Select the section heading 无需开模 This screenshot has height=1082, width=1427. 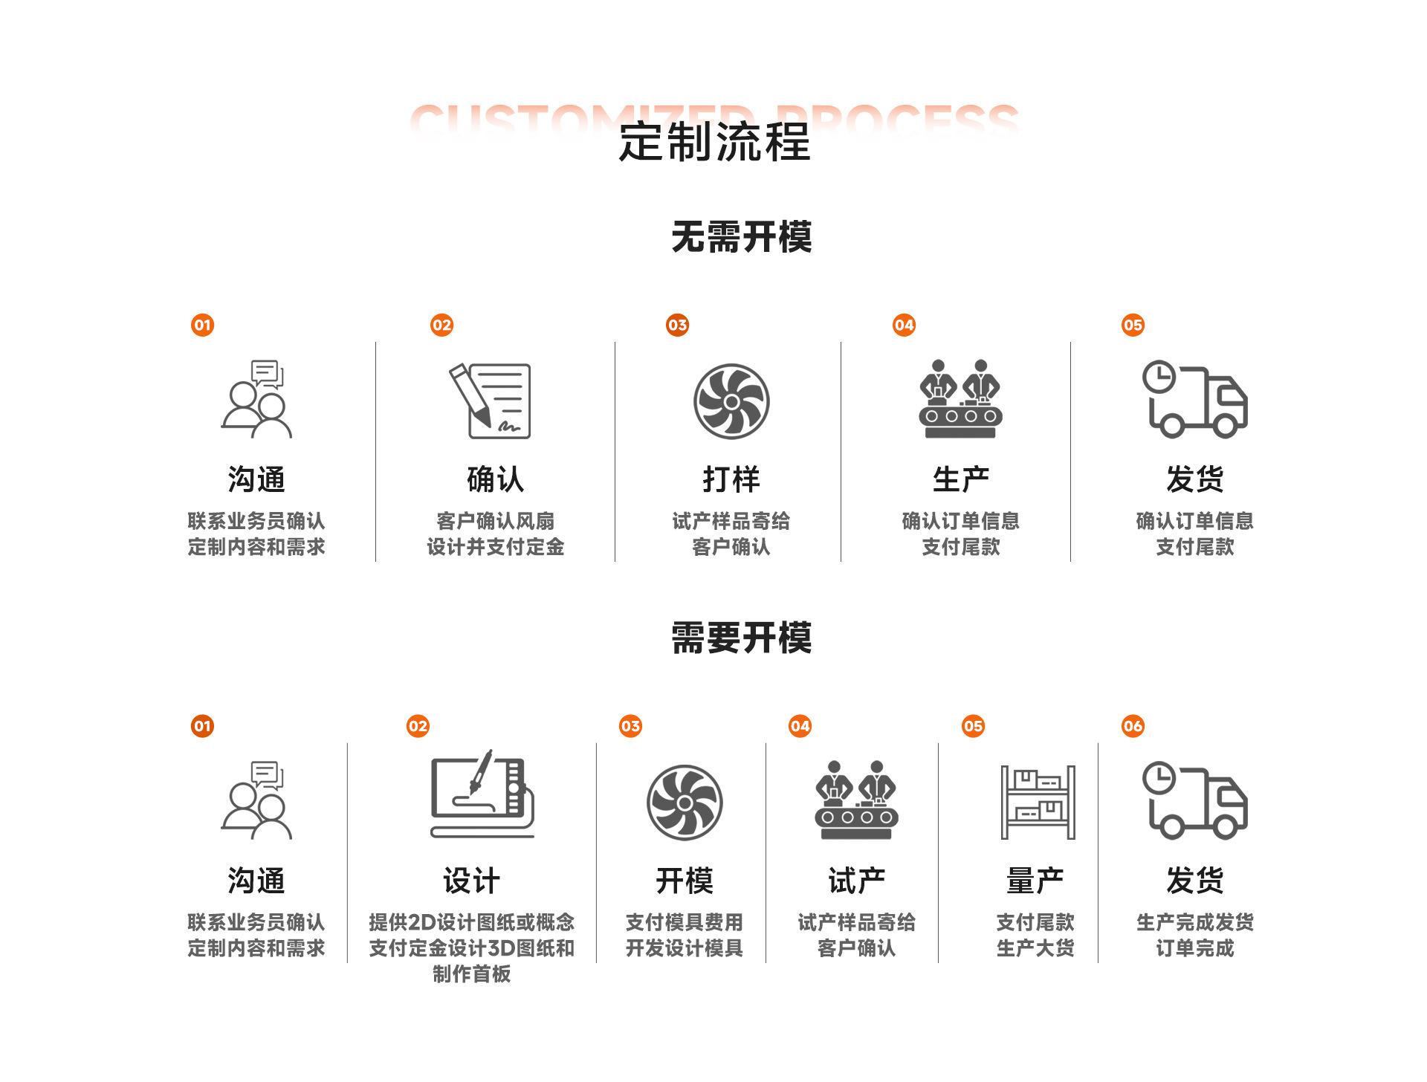[741, 237]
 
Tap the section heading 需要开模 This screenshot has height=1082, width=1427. [741, 638]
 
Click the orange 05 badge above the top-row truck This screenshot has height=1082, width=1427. [1133, 325]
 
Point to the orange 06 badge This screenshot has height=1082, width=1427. [1133, 726]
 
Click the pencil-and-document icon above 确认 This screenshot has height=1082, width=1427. [491, 401]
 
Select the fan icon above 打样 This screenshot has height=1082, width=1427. [731, 401]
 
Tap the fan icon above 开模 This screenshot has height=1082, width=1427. [685, 803]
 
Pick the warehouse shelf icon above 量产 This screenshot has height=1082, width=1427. [1038, 803]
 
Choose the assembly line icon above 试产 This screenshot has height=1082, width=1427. [856, 800]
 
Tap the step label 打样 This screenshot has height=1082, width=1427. [731, 479]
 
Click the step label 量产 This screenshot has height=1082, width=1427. [1035, 881]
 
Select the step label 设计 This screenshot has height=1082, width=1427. [471, 881]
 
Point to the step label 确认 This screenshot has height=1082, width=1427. [495, 479]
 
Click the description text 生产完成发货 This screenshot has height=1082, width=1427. [1194, 922]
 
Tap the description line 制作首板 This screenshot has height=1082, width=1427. [471, 974]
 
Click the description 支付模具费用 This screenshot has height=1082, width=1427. [684, 922]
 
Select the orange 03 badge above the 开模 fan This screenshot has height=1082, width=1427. [630, 726]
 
